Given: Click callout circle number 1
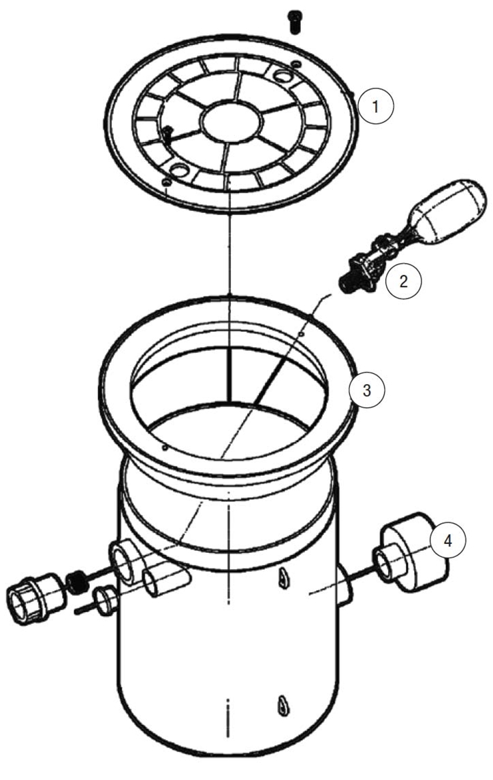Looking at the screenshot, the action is pyautogui.click(x=375, y=106).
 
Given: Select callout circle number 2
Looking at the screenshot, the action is pyautogui.click(x=403, y=282).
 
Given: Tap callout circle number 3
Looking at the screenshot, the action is pyautogui.click(x=366, y=390).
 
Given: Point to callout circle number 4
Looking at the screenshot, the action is pyautogui.click(x=448, y=541).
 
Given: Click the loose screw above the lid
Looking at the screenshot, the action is pyautogui.click(x=296, y=22).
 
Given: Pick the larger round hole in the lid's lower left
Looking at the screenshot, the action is pyautogui.click(x=178, y=169).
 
